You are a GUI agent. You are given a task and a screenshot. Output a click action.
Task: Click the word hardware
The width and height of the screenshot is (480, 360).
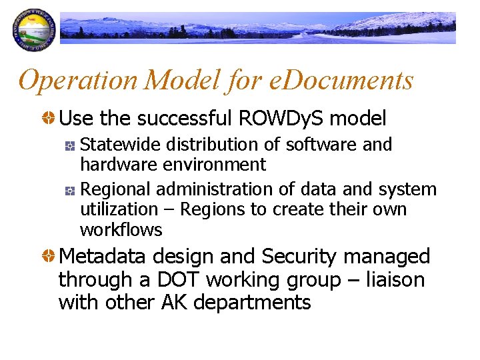(x=114, y=164)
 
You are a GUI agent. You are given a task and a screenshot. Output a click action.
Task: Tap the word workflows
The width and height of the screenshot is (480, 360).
(x=121, y=230)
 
